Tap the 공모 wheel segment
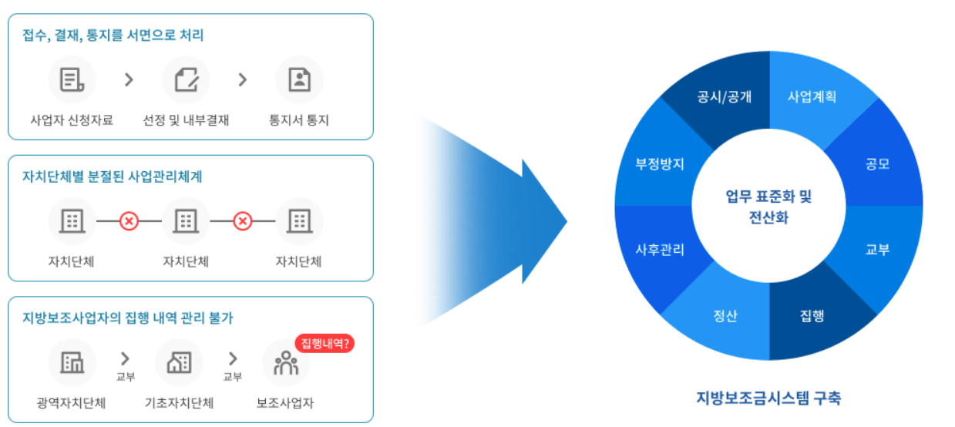tap(877, 163)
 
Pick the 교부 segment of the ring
tap(877, 250)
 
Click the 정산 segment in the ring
tap(725, 315)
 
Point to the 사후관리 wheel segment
tap(660, 250)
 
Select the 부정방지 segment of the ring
tap(660, 163)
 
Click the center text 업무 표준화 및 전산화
tap(768, 207)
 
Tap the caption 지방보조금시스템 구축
tap(768, 398)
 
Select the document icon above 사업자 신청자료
tap(72, 79)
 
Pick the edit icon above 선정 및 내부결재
tap(186, 79)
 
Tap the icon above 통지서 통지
tap(299, 79)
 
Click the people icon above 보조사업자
tap(285, 362)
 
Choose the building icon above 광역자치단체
tap(72, 362)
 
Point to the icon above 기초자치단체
tap(179, 362)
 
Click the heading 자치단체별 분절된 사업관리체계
tap(113, 177)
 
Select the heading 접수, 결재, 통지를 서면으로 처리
tap(113, 35)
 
